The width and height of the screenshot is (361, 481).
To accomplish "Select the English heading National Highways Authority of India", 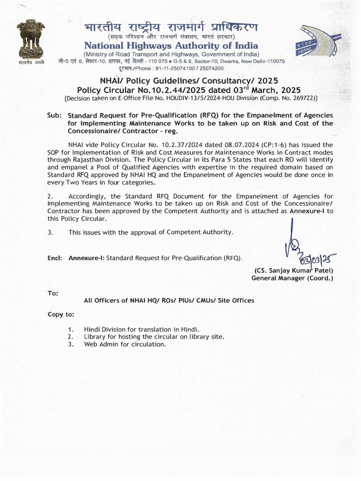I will tap(171, 46).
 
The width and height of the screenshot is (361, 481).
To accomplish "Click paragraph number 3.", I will tap(50, 232).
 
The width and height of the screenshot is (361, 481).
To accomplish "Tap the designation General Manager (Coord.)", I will tap(292, 278).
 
